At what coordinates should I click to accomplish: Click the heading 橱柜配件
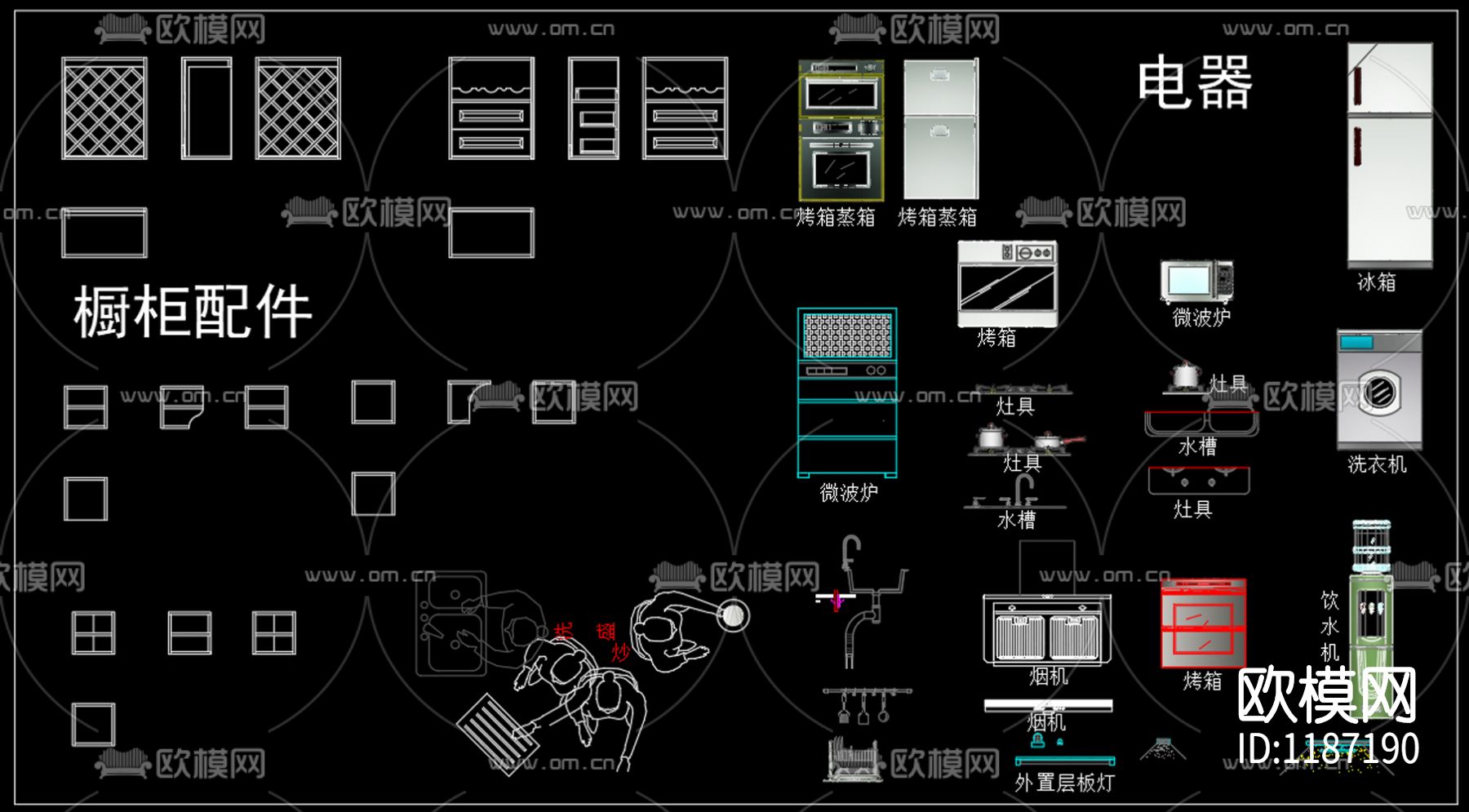(x=193, y=313)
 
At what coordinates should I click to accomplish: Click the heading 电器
(x=1195, y=82)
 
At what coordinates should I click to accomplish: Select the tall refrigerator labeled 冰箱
(x=1390, y=155)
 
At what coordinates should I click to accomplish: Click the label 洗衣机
(x=1377, y=464)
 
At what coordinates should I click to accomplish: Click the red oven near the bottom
(x=1203, y=624)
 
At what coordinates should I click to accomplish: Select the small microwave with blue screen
(x=1196, y=282)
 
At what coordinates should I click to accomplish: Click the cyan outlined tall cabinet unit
(x=847, y=392)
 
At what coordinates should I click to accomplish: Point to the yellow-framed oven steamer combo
(x=841, y=131)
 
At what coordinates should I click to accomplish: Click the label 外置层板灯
(x=1064, y=783)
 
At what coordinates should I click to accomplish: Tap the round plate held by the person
(x=732, y=615)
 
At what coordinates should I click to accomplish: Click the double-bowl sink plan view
(x=451, y=624)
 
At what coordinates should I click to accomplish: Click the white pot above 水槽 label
(x=1185, y=375)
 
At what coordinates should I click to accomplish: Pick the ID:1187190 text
(x=1328, y=748)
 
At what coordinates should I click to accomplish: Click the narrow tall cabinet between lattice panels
(x=206, y=108)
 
